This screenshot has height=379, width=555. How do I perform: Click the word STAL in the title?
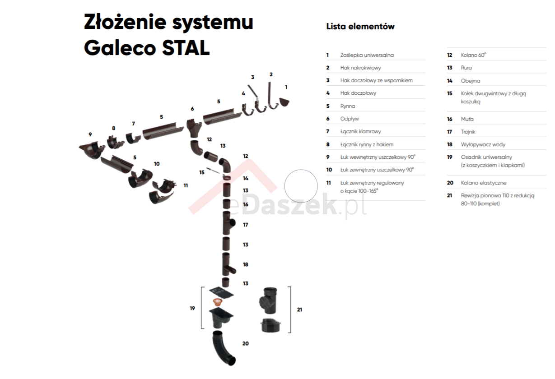[186, 48]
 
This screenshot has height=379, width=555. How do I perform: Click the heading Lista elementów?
[360, 27]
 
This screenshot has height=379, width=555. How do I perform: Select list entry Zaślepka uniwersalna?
[367, 55]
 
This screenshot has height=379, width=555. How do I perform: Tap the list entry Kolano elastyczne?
[483, 183]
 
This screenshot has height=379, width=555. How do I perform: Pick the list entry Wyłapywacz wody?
[483, 144]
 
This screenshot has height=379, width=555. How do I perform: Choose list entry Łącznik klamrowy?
[360, 131]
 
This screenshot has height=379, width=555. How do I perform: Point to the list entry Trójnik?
[468, 132]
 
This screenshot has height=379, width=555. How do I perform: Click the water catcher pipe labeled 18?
[227, 265]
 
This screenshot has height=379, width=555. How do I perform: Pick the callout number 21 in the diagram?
[299, 310]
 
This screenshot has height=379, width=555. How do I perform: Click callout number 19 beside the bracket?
[192, 308]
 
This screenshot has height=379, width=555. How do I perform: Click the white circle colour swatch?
[301, 186]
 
